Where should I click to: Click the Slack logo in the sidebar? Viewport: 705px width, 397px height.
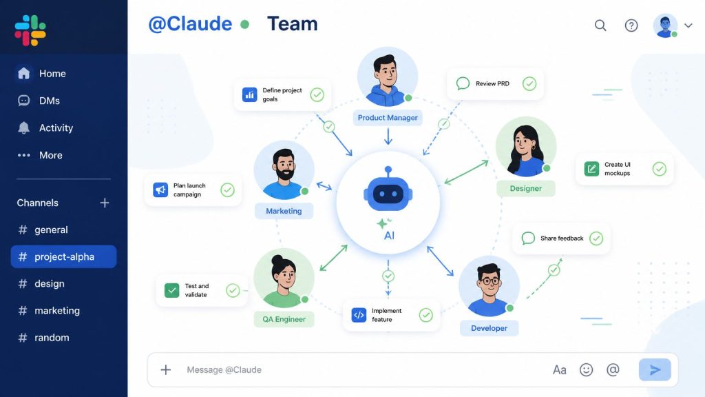(x=30, y=30)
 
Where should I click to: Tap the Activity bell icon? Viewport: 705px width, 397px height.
(x=24, y=128)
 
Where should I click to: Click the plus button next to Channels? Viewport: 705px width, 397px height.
(x=105, y=203)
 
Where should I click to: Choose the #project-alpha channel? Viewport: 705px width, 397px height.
(x=64, y=256)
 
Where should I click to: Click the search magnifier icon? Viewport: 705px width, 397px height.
(x=600, y=26)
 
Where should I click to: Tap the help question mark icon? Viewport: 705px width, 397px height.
(x=631, y=26)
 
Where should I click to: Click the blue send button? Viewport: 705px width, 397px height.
(x=655, y=369)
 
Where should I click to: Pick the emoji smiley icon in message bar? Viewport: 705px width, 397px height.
(x=587, y=369)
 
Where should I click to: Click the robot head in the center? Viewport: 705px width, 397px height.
(x=388, y=192)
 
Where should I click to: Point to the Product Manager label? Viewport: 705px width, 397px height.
(x=388, y=117)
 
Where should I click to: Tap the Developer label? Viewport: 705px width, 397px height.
(x=490, y=328)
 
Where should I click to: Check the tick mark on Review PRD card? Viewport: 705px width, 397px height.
(x=529, y=83)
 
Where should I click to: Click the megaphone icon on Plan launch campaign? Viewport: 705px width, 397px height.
(x=160, y=190)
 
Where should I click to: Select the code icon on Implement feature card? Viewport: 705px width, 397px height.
(x=359, y=315)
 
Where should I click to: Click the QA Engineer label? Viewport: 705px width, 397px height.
(x=284, y=319)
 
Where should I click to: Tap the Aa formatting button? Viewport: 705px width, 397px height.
(x=559, y=370)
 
